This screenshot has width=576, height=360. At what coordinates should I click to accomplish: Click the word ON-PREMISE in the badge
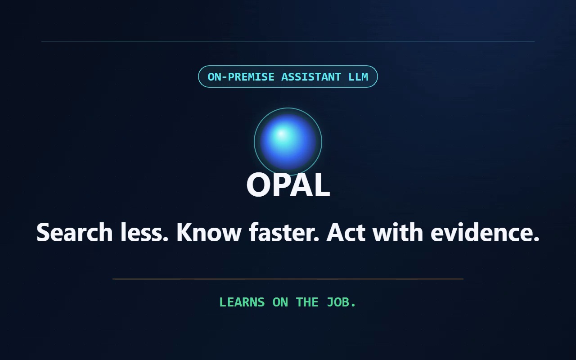[x=241, y=77]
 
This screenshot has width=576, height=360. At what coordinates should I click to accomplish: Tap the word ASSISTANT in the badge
[x=311, y=77]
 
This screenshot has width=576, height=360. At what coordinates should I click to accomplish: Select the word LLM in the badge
[x=358, y=77]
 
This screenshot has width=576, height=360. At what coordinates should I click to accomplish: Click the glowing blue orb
[x=288, y=142]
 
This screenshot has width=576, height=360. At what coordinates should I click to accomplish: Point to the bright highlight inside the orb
[x=281, y=134]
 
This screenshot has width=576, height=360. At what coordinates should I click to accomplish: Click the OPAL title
[x=288, y=184]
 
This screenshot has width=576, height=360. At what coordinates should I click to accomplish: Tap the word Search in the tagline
[x=75, y=232]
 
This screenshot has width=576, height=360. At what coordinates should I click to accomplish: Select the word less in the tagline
[x=144, y=232]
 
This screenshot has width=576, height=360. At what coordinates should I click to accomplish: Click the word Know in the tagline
[x=209, y=232]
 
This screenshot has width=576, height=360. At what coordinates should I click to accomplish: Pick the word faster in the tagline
[x=284, y=232]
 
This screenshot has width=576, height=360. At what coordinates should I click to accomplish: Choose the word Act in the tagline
[x=346, y=232]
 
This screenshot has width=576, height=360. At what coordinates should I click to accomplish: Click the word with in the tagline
[x=398, y=232]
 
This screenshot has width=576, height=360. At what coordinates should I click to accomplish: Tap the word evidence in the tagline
[x=485, y=232]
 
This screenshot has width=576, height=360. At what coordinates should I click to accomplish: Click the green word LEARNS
[x=242, y=302]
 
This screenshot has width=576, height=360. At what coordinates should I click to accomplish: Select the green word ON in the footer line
[x=280, y=302]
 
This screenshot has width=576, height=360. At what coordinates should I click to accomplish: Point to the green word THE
[x=307, y=302]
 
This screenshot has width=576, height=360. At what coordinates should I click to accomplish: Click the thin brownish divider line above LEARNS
[x=288, y=279]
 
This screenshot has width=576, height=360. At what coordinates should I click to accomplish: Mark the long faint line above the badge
[x=288, y=41]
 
